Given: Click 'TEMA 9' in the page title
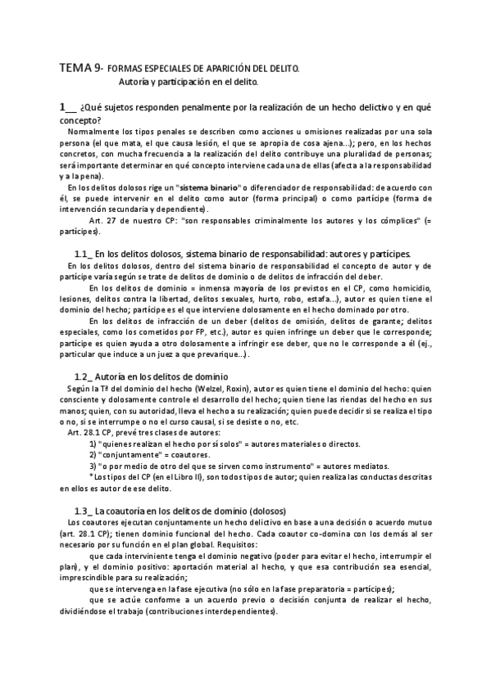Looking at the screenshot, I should [78, 69].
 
